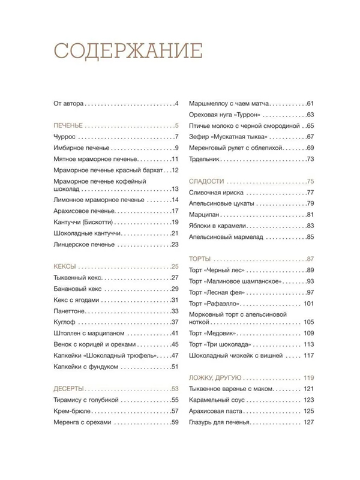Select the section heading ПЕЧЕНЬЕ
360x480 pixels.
[x=65, y=126]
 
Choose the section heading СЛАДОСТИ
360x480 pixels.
[x=206, y=181]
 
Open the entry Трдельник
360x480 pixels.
[x=205, y=158]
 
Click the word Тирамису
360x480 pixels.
[x=62, y=400]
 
